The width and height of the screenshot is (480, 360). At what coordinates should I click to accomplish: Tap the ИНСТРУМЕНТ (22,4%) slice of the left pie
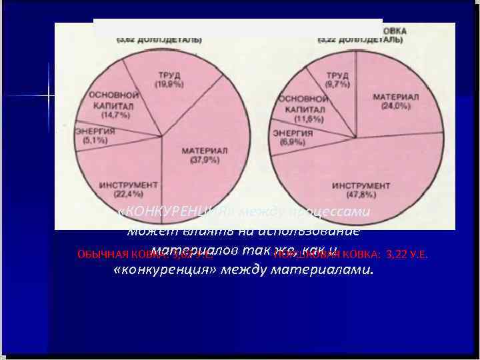click(128, 188)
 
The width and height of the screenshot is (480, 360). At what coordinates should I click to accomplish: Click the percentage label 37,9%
click(205, 159)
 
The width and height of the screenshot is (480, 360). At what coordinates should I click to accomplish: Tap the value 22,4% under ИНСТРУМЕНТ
click(128, 194)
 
